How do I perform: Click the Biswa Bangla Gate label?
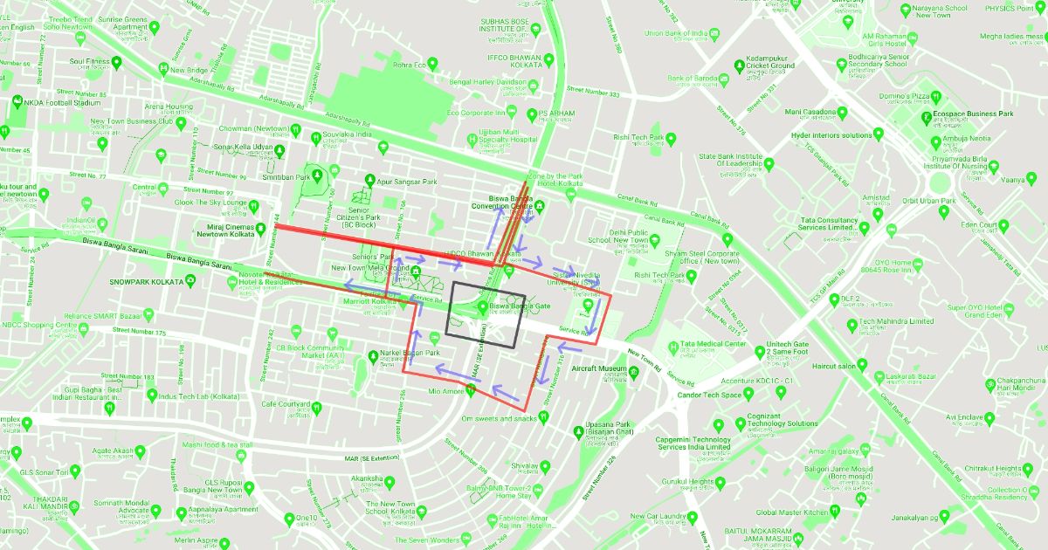[x=520, y=306]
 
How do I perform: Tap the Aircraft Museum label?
[x=599, y=369]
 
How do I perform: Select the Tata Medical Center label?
[x=708, y=344]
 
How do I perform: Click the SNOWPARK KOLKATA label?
[x=146, y=283]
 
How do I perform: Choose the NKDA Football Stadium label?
[x=61, y=102]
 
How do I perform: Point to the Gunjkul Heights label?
[x=688, y=482]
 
